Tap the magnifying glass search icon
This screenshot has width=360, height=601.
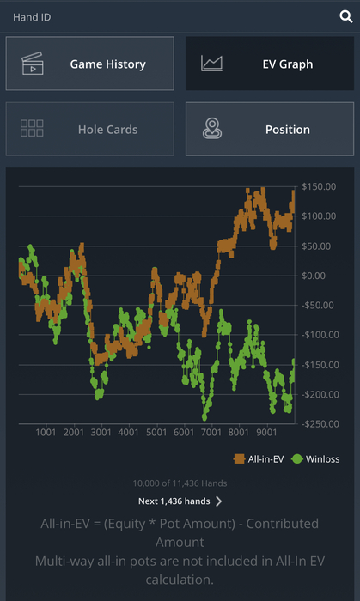coord(345,17)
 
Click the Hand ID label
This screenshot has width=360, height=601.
coord(32,17)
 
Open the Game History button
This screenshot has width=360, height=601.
coord(89,64)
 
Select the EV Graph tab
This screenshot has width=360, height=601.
coord(270,64)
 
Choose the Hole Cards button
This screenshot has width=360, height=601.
coord(89,129)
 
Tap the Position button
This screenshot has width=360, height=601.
coord(270,129)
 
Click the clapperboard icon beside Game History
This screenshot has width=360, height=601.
coord(32,64)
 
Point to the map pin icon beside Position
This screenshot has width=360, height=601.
coord(212,129)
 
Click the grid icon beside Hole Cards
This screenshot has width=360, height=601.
coord(32,128)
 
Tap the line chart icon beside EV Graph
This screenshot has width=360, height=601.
coord(211,64)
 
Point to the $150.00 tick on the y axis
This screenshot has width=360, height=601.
coord(319,186)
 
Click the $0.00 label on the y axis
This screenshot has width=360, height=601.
coord(314,276)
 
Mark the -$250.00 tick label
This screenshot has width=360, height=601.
coord(320,424)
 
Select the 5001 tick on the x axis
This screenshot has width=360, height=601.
coord(156,433)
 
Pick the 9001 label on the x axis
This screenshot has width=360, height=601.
coord(266,433)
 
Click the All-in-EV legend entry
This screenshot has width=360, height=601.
coord(259,458)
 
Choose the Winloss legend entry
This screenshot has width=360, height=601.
coord(315,458)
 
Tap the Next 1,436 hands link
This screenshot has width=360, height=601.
coord(180,501)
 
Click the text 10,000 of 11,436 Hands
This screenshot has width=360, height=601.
coord(180,483)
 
